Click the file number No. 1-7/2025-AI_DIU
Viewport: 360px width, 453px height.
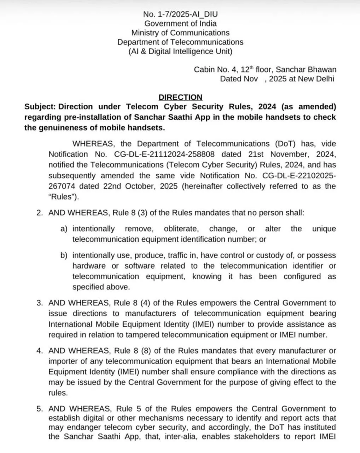coord(180,15)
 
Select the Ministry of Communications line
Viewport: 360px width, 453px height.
coord(180,33)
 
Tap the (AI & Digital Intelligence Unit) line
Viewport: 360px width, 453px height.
coord(180,51)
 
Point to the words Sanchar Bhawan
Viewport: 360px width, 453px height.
coord(306,70)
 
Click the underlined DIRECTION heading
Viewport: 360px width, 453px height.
coord(180,97)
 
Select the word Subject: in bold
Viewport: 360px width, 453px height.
coord(39,107)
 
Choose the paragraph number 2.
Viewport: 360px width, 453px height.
coord(40,213)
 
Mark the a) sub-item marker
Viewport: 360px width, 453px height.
coord(64,229)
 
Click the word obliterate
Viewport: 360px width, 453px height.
coord(176,229)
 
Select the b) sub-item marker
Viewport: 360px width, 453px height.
coord(64,256)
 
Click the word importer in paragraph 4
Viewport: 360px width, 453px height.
coord(62,361)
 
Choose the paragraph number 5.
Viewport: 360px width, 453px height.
coord(40,409)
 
